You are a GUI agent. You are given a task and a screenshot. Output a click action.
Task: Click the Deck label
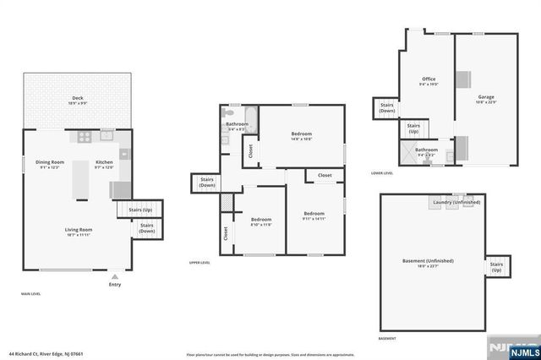point(77,99)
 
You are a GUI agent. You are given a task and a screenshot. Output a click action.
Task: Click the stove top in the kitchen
point(85,135)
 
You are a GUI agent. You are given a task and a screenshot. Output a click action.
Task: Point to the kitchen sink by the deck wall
point(107,134)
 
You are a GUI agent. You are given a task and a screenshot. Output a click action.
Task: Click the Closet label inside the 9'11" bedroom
point(325,176)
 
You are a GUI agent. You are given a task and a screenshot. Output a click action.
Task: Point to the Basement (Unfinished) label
point(428,261)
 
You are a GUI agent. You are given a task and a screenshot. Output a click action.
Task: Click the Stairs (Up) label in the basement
point(496,266)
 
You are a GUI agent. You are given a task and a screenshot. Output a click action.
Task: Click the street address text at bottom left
point(46,353)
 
